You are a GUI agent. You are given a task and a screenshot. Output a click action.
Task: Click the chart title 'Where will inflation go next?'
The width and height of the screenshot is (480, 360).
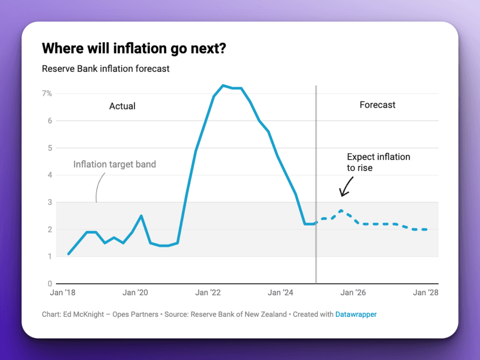coord(134,48)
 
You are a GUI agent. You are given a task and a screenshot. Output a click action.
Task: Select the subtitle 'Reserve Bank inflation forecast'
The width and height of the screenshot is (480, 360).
coord(106,69)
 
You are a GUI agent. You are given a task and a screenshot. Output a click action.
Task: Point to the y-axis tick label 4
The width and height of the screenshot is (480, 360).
coord(50,175)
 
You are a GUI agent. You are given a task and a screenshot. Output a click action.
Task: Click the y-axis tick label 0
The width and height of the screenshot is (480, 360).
coord(50,284)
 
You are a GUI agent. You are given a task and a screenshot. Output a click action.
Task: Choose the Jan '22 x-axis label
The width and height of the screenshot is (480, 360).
coord(208,292)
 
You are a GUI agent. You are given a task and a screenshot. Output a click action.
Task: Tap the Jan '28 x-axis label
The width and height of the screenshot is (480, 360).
coord(426,292)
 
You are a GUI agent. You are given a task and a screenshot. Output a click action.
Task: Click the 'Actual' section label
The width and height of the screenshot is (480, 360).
coord(122,106)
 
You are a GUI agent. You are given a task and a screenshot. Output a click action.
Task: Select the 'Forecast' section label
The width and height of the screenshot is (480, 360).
coord(377,105)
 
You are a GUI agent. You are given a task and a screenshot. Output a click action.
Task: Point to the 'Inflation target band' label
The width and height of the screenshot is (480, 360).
coord(115,164)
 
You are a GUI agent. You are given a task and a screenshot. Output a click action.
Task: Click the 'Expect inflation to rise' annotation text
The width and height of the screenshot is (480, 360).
coord(378,162)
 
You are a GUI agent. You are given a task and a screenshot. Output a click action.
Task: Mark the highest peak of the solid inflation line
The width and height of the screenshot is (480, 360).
coord(223,85)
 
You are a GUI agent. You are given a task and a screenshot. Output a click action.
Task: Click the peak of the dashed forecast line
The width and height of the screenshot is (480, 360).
coord(340,210)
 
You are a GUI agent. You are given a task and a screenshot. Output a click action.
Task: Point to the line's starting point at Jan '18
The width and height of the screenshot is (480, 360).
coord(68,254)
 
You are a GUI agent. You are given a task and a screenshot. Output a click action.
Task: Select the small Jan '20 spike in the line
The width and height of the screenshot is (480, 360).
coord(141,216)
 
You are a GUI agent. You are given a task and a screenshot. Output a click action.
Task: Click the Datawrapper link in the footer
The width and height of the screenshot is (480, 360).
coord(356,314)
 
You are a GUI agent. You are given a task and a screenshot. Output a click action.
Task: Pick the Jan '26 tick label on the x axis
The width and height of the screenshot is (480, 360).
coord(353,292)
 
